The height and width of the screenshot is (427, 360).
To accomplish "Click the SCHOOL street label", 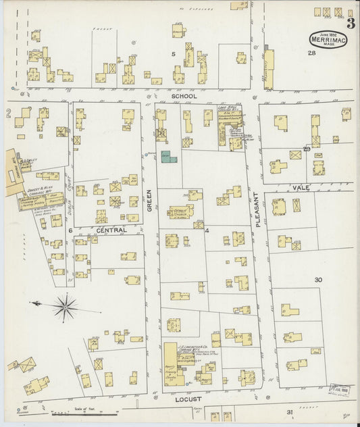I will (x=184, y=96).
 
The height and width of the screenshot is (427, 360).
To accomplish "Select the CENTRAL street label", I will (x=111, y=230).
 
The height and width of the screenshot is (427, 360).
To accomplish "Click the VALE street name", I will (x=300, y=186).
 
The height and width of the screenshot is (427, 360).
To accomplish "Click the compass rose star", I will (x=66, y=307).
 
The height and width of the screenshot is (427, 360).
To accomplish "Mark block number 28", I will (x=311, y=53).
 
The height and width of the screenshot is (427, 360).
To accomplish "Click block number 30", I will (x=317, y=279).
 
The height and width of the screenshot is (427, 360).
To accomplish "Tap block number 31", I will (x=289, y=411).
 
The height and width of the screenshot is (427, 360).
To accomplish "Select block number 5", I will (x=173, y=53).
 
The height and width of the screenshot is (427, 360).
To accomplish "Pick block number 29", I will (x=306, y=149).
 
